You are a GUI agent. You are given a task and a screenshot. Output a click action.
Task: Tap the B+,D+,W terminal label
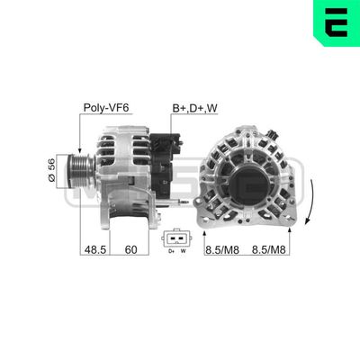coord(194,107)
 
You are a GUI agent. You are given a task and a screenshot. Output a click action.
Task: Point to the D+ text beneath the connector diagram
coord(169,253)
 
